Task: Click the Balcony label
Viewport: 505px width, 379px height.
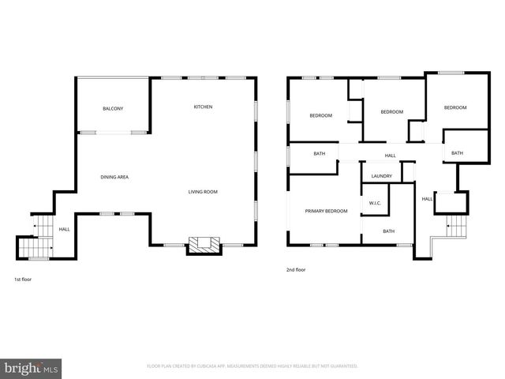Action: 113,108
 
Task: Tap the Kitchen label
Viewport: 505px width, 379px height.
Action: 204,107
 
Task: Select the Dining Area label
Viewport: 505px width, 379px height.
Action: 114,177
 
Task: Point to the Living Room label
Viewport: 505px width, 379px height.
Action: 203,192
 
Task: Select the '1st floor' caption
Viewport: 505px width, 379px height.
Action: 24,280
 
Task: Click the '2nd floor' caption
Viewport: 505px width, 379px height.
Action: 296,270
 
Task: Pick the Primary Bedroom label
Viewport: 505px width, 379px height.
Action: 327,211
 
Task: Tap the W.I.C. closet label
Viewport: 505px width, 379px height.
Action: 376,204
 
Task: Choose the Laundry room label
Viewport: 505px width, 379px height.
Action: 382,176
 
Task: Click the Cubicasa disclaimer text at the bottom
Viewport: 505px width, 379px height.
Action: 252,366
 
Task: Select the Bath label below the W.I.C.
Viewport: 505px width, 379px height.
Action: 388,231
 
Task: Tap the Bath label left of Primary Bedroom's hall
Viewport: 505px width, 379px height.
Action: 320,153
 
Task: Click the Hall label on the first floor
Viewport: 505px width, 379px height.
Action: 64,229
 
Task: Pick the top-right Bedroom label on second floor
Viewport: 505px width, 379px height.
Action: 454,107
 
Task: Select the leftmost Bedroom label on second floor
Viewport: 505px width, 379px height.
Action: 320,116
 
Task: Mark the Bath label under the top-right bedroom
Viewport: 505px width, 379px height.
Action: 458,152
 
